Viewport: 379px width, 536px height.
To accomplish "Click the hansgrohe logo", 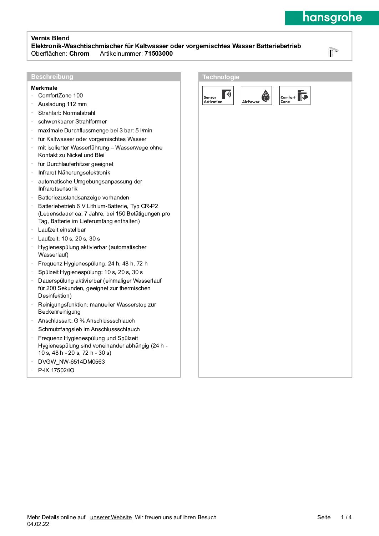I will [x=332, y=17].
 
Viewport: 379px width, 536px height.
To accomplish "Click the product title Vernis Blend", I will [x=50, y=38].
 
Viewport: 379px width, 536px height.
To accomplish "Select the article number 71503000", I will [x=158, y=54].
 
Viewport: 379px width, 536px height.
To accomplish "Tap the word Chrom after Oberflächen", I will [x=79, y=54].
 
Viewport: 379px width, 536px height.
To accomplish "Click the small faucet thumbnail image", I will [x=333, y=52].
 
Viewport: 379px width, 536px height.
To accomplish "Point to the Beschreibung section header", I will [x=52, y=77].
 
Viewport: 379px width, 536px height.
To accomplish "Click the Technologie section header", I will [x=221, y=77].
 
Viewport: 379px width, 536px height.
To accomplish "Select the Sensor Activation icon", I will [x=218, y=96].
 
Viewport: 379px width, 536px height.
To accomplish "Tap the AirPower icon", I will [x=256, y=96].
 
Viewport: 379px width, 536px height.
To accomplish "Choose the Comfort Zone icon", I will [x=294, y=96].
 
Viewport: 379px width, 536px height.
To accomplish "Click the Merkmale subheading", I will [x=44, y=88].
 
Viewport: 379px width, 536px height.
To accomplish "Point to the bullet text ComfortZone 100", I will [x=60, y=96].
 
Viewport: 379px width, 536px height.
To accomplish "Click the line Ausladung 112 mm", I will [x=62, y=104].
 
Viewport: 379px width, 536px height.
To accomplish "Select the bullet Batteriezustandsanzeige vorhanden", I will [x=84, y=198].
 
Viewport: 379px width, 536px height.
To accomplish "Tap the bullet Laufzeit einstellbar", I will [x=62, y=230].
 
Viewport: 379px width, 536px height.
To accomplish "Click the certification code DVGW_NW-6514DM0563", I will [x=71, y=362].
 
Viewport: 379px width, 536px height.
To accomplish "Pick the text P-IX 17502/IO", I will [x=56, y=370].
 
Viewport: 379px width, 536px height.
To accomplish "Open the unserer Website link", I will [x=111, y=517].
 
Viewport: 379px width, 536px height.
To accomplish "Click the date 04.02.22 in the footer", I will [x=38, y=524].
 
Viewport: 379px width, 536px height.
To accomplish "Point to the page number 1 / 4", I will [x=346, y=517].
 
